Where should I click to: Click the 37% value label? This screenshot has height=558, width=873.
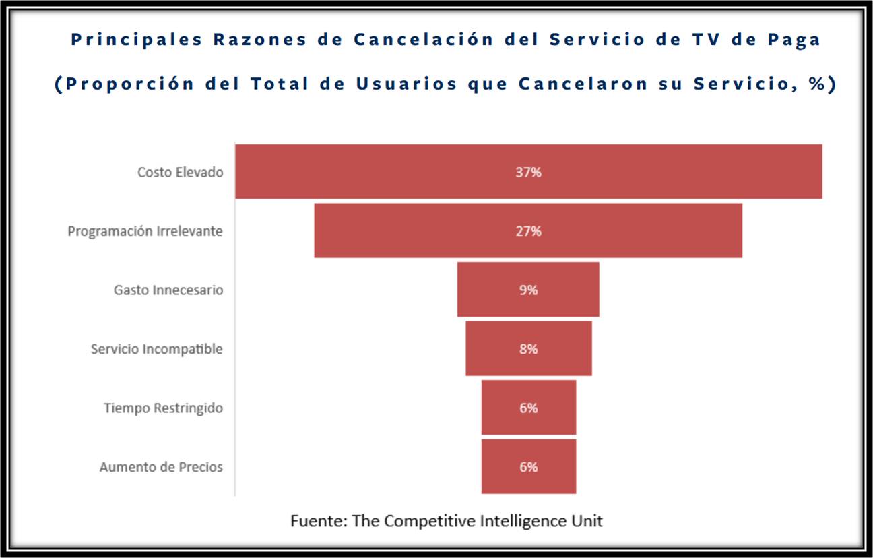(x=528, y=172)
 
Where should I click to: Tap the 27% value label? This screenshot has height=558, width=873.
(x=528, y=231)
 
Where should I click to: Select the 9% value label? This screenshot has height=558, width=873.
(x=529, y=290)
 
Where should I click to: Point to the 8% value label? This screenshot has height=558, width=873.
(x=529, y=349)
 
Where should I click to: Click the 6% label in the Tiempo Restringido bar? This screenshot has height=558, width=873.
(x=529, y=408)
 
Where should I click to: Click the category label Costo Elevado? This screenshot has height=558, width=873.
(x=180, y=172)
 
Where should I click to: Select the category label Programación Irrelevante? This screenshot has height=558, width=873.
(x=145, y=231)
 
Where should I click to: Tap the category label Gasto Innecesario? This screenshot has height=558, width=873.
(x=168, y=290)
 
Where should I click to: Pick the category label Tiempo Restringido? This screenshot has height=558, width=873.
(x=163, y=408)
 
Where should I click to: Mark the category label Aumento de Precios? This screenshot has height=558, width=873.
(x=161, y=467)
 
